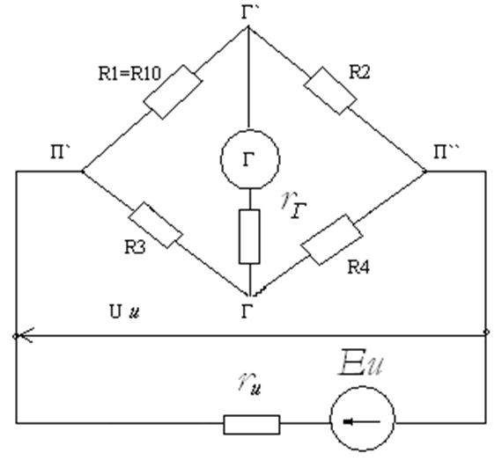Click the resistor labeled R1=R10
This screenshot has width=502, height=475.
coord(173,92)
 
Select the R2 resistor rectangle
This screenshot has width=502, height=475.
coord(330,91)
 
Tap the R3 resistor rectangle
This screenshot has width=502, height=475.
coord(156,225)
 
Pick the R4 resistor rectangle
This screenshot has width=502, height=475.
coord(332,240)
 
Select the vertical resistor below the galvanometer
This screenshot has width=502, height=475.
coord(249,237)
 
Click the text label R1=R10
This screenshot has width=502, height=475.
coord(129,74)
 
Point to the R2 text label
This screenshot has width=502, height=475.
coord(359,72)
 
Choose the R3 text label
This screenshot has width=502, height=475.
coord(135,247)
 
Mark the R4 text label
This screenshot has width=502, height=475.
coord(358,267)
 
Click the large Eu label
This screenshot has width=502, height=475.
coord(361,362)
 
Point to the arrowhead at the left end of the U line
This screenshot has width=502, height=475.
coord(18,336)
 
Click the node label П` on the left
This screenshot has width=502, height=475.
coord(61,151)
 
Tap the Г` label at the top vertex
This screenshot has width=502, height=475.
coord(250,12)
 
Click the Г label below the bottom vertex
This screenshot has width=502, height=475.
coord(247,311)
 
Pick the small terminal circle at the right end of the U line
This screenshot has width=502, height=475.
coord(486,332)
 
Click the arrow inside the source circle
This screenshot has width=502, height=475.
coord(361,422)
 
